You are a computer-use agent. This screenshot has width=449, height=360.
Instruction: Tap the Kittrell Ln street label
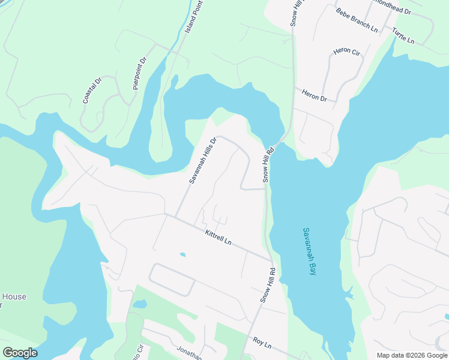coord(218,237)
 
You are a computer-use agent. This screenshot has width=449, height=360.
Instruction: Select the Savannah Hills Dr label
coord(202,157)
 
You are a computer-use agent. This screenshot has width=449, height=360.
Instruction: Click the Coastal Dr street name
coord(92,90)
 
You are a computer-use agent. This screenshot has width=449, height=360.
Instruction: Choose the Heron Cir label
coord(346,52)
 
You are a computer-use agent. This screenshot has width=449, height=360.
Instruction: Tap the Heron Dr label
coord(315,95)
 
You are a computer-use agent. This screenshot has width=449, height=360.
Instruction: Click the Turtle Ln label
coord(403,35)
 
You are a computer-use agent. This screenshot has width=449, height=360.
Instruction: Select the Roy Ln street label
coord(262,343)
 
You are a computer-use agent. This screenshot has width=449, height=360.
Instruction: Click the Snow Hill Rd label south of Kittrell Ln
coord(268,284)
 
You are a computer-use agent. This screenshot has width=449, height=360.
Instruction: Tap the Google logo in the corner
coord(20,352)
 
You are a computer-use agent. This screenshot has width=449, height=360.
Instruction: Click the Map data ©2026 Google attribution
coord(412,355)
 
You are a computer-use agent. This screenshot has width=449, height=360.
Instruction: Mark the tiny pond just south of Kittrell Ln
coord(182,254)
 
